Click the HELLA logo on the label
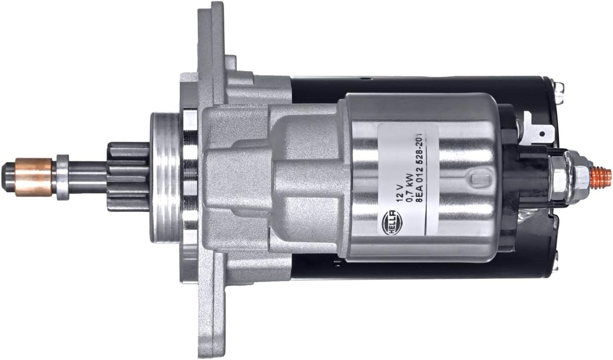pos(391,223)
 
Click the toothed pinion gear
pos(128,177)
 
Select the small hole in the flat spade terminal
pos(542,133)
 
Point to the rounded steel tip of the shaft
pos(8,172)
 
